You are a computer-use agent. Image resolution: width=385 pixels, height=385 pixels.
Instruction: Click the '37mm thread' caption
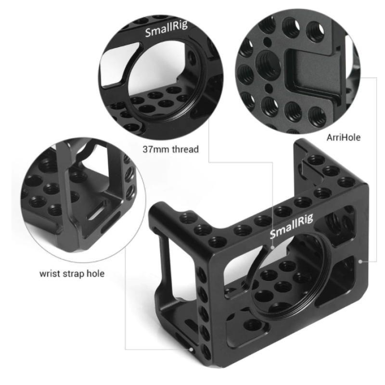[x=170, y=149]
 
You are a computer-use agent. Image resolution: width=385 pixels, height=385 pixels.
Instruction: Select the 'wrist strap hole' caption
[x=72, y=274]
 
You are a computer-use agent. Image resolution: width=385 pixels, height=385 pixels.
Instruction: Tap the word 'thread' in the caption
[x=185, y=149]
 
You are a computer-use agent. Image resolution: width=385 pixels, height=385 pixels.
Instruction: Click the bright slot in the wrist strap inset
[x=96, y=212]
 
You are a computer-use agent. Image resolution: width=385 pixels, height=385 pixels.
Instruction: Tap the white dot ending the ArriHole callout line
[x=361, y=261]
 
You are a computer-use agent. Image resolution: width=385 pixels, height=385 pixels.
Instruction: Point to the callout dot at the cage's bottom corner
[x=191, y=349]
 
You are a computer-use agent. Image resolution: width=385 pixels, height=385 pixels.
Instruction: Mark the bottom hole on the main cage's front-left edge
[x=205, y=349]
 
